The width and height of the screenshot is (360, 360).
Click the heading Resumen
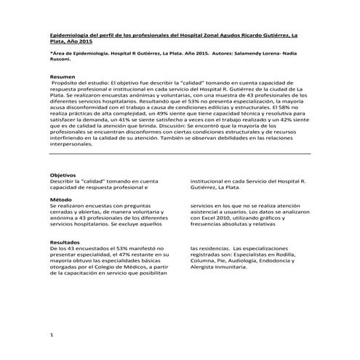click(x=62, y=76)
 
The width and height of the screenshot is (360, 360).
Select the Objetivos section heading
click(x=64, y=175)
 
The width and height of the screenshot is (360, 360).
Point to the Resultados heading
click(x=66, y=242)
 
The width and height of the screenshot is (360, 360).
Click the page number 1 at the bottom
click(x=51, y=334)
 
